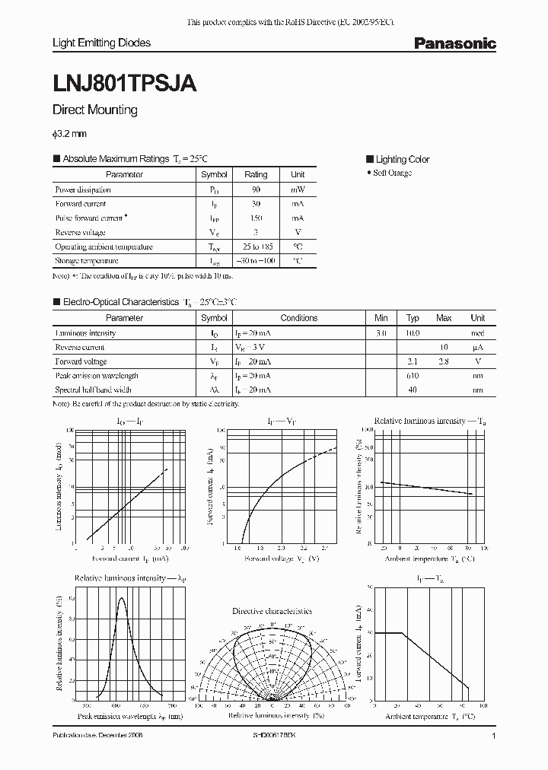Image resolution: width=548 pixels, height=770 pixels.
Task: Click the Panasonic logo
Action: (454, 44)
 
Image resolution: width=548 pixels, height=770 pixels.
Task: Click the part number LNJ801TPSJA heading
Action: (125, 84)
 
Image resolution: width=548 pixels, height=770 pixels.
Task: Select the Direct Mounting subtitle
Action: (94, 110)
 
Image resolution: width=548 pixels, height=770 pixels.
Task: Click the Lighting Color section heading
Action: (402, 159)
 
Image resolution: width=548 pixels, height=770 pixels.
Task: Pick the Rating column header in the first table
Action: (256, 174)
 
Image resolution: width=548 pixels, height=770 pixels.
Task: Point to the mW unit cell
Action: (298, 189)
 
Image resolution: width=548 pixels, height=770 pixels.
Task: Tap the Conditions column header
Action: (299, 318)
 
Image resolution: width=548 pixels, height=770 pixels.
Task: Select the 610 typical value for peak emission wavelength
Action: (413, 376)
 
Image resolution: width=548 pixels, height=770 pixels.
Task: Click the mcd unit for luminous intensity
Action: (476, 333)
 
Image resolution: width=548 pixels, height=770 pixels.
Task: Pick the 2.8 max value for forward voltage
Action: (444, 362)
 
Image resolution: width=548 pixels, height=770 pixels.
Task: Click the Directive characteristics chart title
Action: (272, 611)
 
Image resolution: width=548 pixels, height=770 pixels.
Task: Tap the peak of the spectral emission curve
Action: (122, 597)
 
